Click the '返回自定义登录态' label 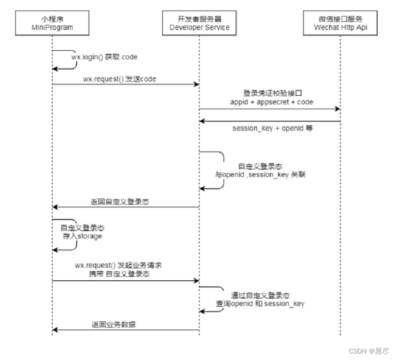click(120, 202)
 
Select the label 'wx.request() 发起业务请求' click(118, 265)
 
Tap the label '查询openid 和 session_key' click(260, 303)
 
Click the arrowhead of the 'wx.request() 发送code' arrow click(196, 85)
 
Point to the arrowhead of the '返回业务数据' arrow click(55, 330)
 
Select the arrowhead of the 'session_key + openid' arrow click(202, 121)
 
